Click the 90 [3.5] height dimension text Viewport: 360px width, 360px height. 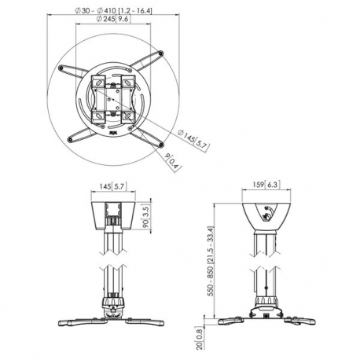click(146, 215)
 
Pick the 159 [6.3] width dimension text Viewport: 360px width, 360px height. click(264, 186)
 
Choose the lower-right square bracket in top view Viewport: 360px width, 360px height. click(127, 116)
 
